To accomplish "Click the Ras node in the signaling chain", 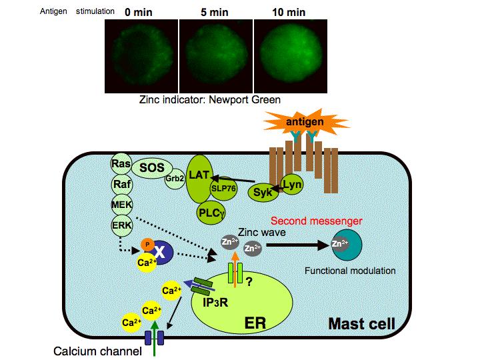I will [x=121, y=164].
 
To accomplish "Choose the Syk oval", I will [x=261, y=193].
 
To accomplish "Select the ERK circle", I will [x=121, y=225].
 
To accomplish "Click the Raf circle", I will [x=121, y=184].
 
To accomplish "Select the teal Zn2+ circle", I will [x=347, y=245].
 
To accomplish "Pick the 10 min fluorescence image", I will [x=292, y=55].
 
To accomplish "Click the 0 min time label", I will [x=142, y=11].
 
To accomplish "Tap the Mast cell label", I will [x=361, y=324].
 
